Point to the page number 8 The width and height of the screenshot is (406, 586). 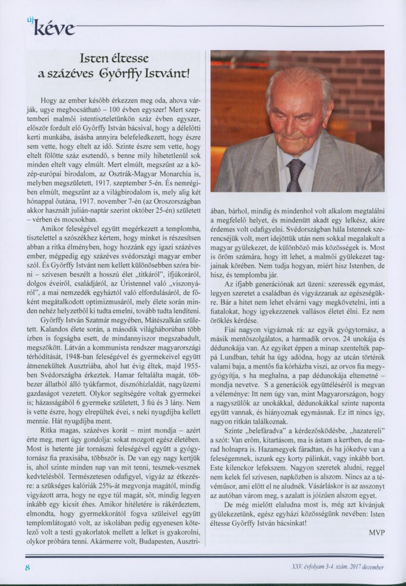[x=28, y=567]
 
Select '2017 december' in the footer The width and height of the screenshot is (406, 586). [x=362, y=567]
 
